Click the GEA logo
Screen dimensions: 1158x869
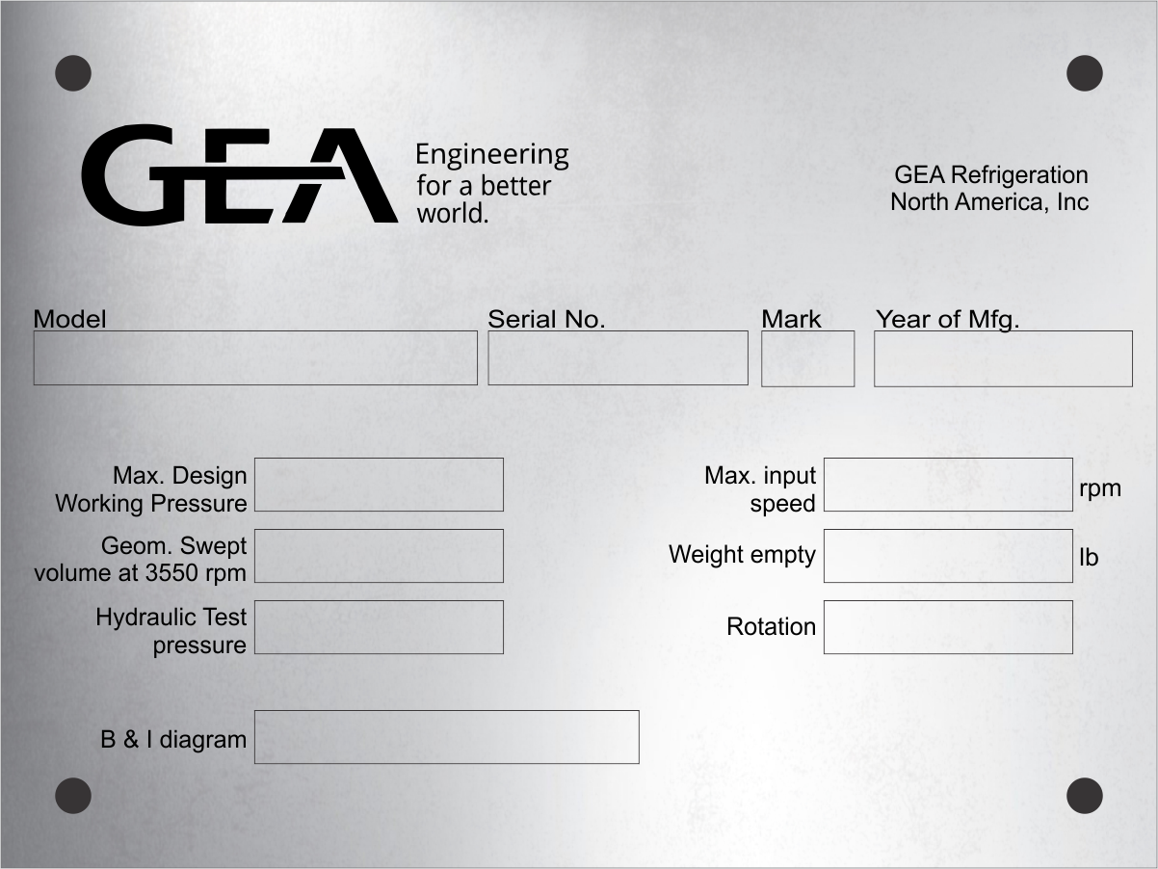click(x=240, y=174)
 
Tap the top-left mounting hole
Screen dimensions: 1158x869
click(x=73, y=73)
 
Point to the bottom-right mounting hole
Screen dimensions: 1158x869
click(x=1085, y=796)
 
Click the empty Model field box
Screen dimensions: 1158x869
click(x=255, y=357)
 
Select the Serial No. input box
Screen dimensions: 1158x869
click(x=618, y=357)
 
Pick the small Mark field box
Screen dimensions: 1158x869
click(x=807, y=358)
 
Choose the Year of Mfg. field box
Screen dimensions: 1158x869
click(x=1004, y=358)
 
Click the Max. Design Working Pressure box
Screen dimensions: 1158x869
click(x=379, y=485)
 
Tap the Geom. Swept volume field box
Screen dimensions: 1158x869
click(x=379, y=556)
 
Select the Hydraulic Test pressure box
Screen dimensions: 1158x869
click(x=379, y=627)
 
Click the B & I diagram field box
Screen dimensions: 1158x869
click(x=447, y=737)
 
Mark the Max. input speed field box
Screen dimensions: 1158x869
click(x=948, y=485)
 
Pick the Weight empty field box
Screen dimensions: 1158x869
click(x=948, y=556)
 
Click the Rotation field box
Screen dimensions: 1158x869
click(x=948, y=627)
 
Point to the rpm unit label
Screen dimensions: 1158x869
click(x=1100, y=489)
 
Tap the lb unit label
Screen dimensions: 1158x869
click(x=1089, y=557)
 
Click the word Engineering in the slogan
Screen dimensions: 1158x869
click(x=492, y=156)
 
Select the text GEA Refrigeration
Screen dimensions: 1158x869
click(x=991, y=174)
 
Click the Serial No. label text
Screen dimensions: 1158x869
click(x=546, y=319)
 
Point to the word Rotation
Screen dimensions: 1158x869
click(x=772, y=627)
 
